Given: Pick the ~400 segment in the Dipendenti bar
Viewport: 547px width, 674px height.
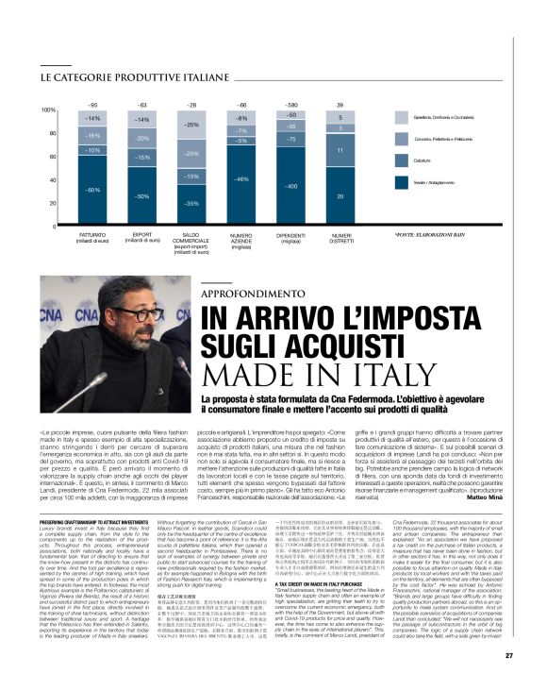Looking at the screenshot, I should coord(291,187).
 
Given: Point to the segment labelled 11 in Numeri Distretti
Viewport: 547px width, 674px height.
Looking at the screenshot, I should coord(340,150).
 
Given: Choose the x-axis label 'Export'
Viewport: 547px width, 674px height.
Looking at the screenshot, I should coord(142,235).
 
